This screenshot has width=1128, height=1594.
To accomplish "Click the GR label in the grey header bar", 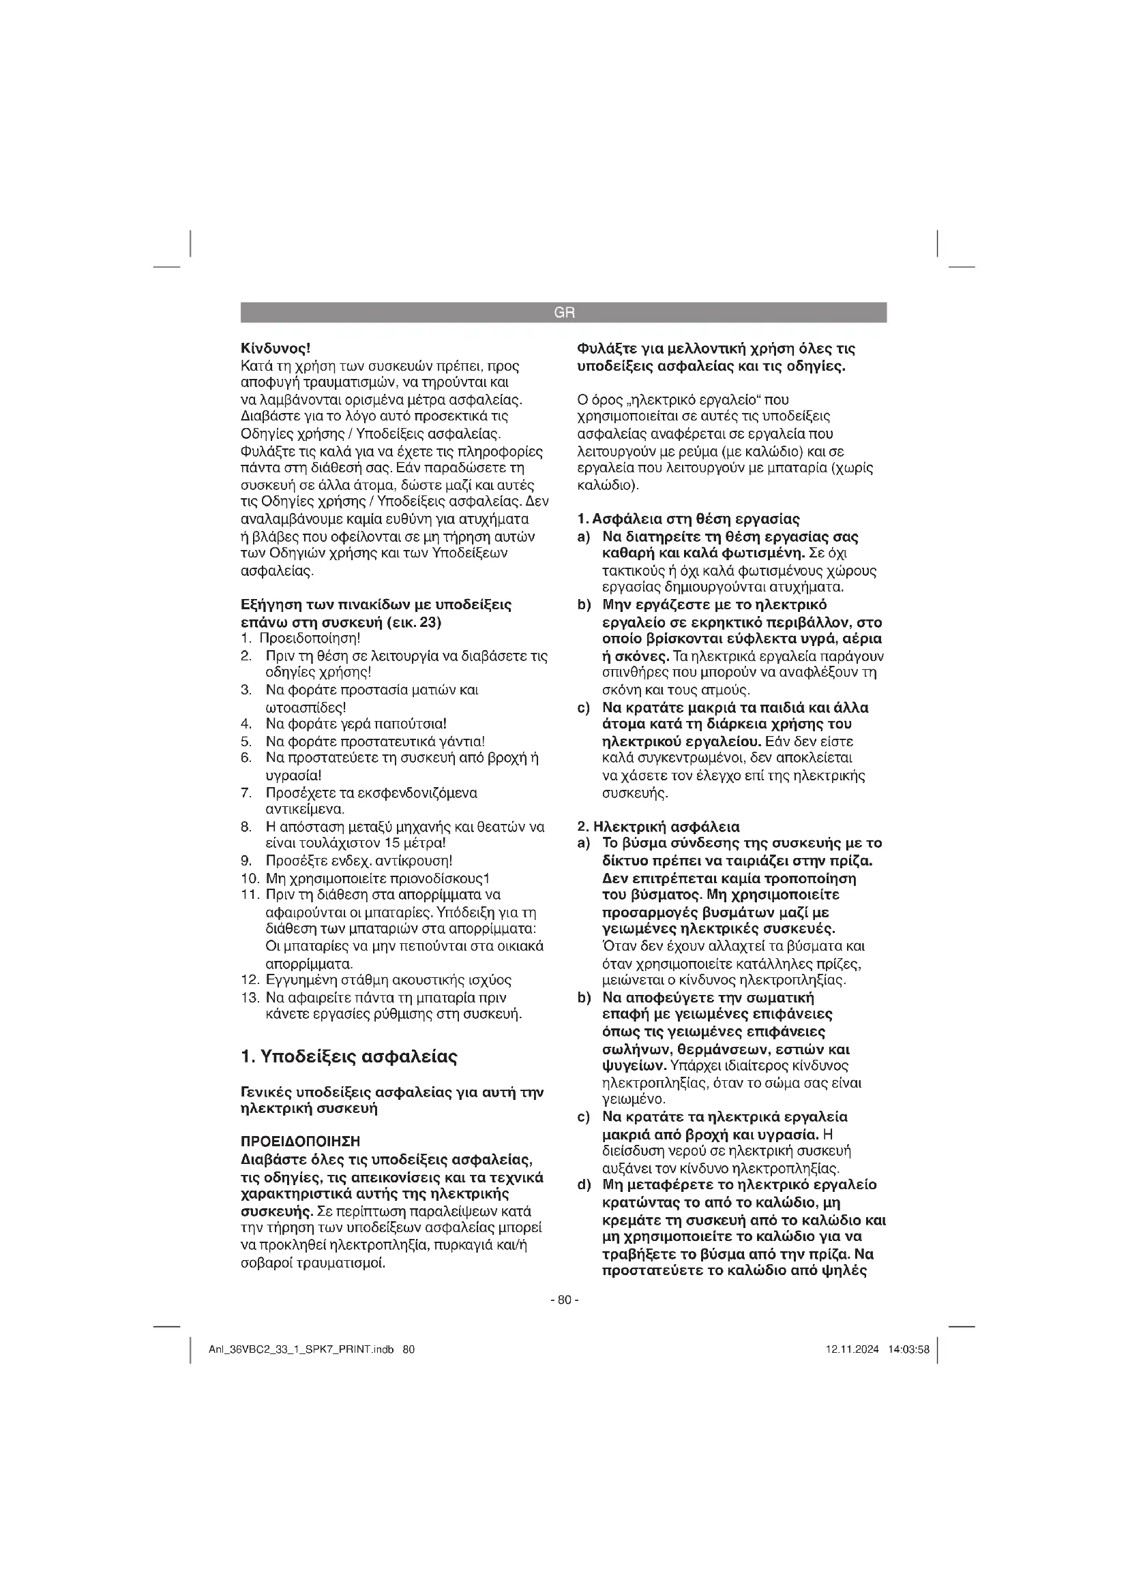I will (x=564, y=313).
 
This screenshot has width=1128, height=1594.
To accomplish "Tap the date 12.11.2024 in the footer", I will (x=852, y=1349).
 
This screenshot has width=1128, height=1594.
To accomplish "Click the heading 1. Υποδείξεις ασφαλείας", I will (x=348, y=1058).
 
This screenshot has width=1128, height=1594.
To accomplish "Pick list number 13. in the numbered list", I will (x=250, y=998).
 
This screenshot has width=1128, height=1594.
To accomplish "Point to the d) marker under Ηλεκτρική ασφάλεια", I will (x=584, y=1185).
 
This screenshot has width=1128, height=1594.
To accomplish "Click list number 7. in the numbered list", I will (x=246, y=793).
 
